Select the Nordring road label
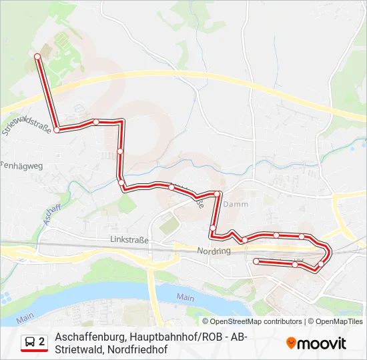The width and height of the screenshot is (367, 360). click(214, 251)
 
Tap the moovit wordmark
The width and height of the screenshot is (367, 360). click(322, 343)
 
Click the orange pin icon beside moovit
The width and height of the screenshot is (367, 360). click(292, 343)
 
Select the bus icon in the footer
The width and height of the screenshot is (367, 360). click(31, 342)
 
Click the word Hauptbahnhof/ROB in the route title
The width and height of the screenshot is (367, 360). click(189, 337)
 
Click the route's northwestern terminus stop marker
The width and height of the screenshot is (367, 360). click(37, 58)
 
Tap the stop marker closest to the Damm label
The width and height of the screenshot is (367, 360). click(217, 194)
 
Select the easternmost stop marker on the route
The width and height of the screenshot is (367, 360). click(321, 264)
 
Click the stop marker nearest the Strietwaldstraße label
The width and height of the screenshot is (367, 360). click(57, 130)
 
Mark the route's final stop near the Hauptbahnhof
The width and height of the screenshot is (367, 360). click(256, 261)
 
